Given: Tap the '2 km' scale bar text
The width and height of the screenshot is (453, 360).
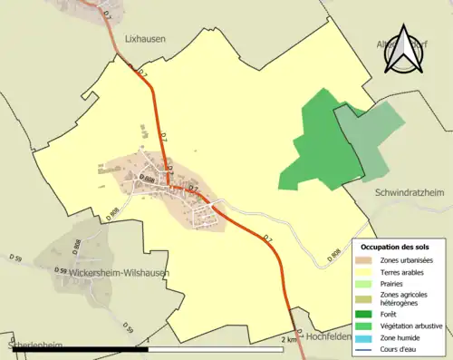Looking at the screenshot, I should pos(289,338).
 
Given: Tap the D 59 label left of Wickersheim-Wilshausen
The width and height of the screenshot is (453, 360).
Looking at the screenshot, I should pos(61,270).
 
